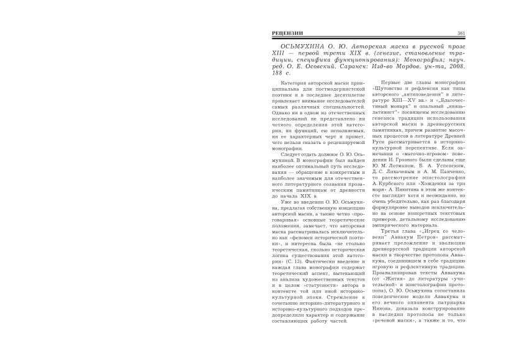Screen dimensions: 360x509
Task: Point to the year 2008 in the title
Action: pos(464,65)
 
